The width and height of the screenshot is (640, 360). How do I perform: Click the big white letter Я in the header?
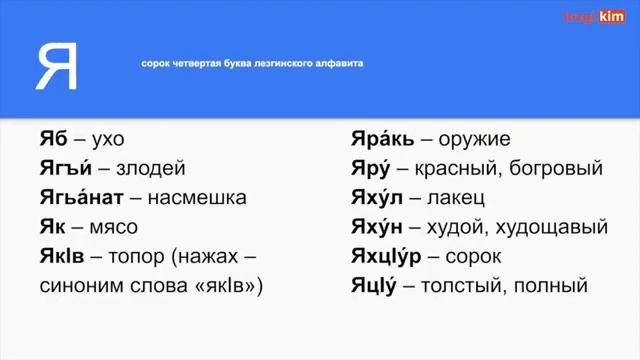(x=57, y=66)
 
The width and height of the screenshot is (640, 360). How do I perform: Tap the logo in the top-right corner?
(x=593, y=17)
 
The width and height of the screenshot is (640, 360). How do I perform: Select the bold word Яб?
(x=54, y=139)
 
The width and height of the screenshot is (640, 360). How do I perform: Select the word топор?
(x=136, y=257)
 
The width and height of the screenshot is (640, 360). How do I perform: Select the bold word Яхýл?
(x=376, y=198)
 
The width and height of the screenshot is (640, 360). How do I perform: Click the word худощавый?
(x=547, y=227)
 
